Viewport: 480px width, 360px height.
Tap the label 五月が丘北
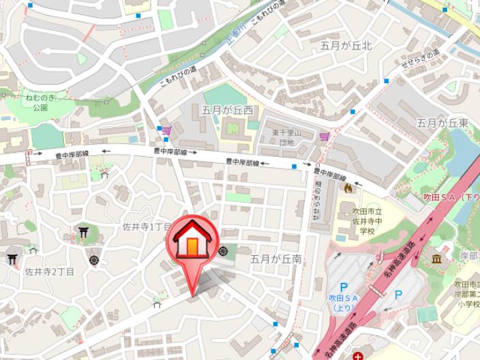(346, 46)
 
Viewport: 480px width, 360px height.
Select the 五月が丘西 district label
(227, 109)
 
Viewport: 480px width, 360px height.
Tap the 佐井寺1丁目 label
(147, 226)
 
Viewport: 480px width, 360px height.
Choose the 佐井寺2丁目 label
(50, 271)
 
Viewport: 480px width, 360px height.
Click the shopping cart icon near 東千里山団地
(325, 136)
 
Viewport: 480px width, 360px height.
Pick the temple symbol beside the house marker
(222, 251)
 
